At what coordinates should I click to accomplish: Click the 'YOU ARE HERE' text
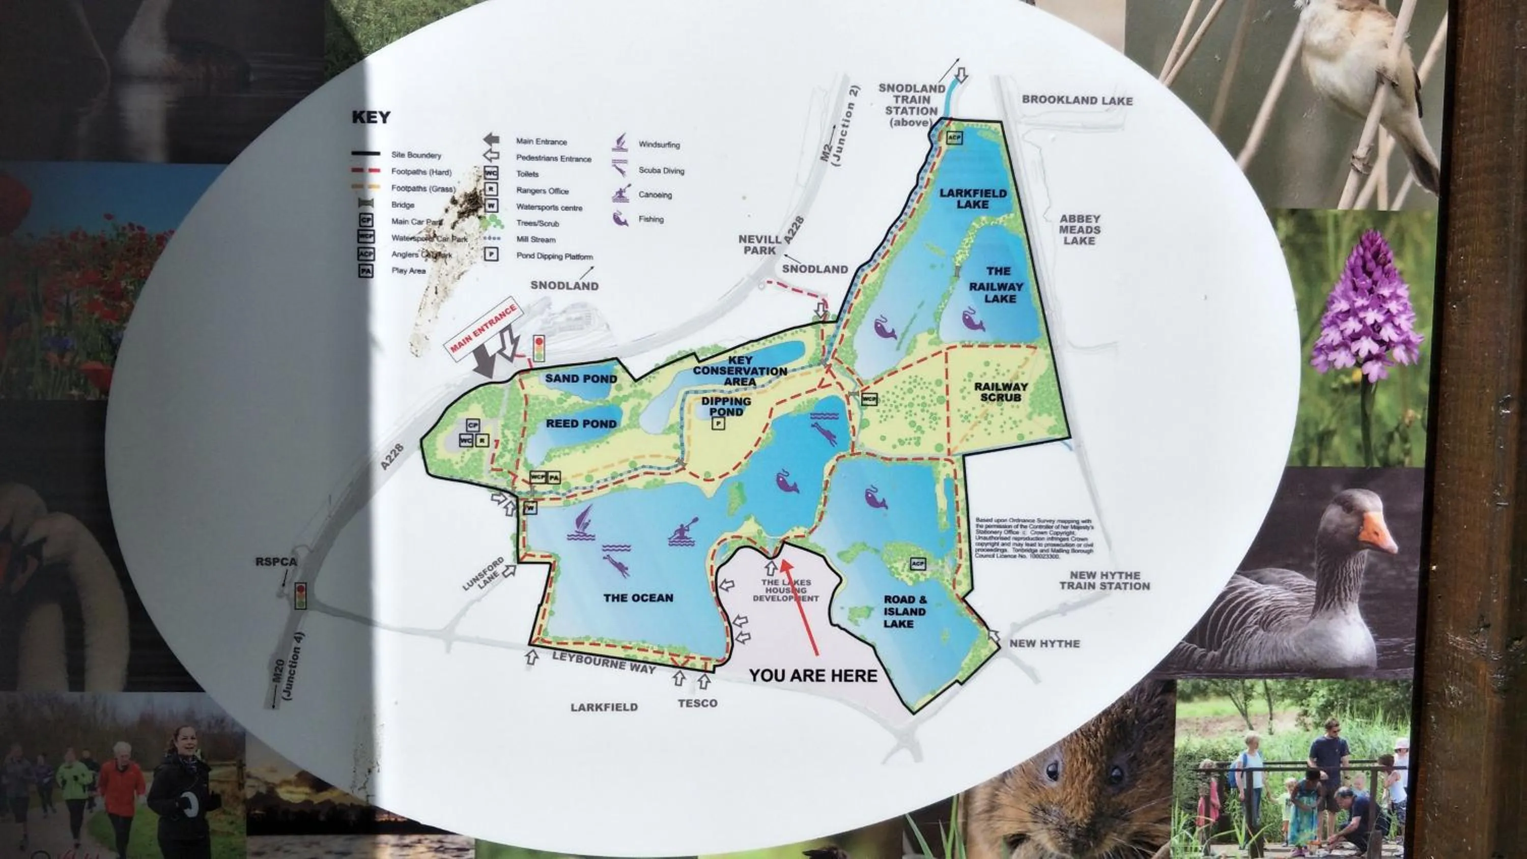[813, 676]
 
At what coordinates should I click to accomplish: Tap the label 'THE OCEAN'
[638, 597]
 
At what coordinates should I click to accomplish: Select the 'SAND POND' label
[581, 379]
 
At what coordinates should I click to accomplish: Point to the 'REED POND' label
[581, 423]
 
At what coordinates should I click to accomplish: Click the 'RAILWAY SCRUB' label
[1001, 392]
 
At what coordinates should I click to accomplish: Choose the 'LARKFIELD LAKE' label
[973, 198]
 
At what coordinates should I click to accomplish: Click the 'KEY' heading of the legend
[371, 118]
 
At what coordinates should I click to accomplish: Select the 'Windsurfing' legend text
[659, 145]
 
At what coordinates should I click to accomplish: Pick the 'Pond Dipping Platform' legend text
[554, 256]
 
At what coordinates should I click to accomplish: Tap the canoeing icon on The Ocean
[683, 531]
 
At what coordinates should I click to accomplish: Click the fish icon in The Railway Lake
[972, 320]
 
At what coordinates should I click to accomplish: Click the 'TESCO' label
[697, 703]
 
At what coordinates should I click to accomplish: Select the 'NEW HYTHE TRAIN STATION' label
[1105, 580]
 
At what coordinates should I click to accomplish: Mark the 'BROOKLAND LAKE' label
[1077, 100]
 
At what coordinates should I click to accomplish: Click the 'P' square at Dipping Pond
[718, 423]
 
